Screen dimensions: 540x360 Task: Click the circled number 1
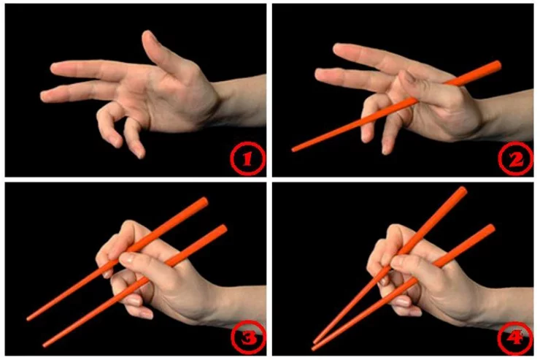coord(247,158)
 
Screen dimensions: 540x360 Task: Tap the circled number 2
coord(515,158)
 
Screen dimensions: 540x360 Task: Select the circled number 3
coord(248,338)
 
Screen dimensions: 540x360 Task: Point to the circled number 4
coord(515,338)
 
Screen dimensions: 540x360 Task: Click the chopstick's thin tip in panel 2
coord(294,150)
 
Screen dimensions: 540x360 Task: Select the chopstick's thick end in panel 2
coord(497,65)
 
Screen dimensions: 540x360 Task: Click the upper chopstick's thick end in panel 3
coord(204,202)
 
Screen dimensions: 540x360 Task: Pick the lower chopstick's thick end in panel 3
coord(223,229)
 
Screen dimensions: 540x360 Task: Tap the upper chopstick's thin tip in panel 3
coord(28,319)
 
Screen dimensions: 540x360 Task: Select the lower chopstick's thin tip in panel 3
coord(45,345)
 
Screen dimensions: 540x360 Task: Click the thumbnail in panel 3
coord(126,257)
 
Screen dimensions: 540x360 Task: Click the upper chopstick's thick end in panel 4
coord(463,191)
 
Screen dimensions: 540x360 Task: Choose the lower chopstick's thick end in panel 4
coord(491,229)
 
